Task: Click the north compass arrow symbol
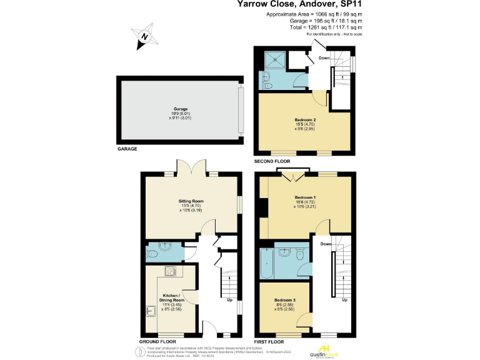(144, 37)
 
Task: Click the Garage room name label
(181, 109)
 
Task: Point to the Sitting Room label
(191, 201)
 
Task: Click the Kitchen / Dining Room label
(171, 297)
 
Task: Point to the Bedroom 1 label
(305, 197)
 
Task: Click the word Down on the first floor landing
(326, 244)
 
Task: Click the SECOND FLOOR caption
(272, 161)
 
